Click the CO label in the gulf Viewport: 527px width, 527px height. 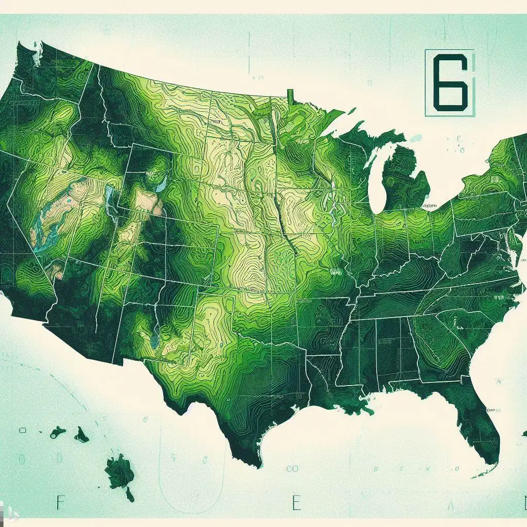point(292,468)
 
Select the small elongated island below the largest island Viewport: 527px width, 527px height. point(130,495)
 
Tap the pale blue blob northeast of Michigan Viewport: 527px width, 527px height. point(415,138)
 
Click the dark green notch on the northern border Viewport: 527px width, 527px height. point(290,96)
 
